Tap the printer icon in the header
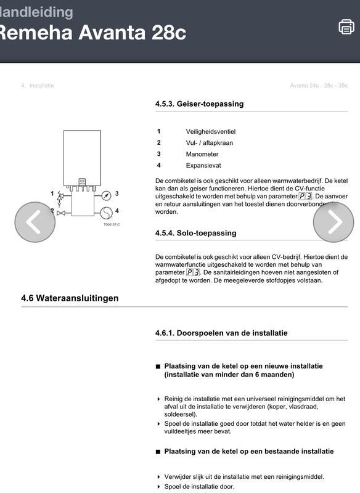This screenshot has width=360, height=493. [x=346, y=27]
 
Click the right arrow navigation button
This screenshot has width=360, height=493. [x=333, y=222]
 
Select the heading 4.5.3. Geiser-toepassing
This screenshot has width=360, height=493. [x=199, y=104]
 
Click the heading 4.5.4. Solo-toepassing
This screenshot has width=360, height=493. [x=195, y=234]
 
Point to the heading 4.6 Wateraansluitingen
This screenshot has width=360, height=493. [x=70, y=298]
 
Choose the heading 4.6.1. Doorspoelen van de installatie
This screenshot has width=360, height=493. [x=221, y=333]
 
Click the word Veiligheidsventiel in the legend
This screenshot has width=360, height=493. [x=211, y=131]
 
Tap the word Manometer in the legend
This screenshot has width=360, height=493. [x=202, y=154]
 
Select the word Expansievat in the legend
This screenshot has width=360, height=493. [x=203, y=166]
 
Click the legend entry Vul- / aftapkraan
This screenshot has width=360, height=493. [x=210, y=143]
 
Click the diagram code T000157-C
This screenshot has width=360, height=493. [x=112, y=224]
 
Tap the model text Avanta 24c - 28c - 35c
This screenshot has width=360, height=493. [x=318, y=85]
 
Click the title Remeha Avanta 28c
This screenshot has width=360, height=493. [x=92, y=32]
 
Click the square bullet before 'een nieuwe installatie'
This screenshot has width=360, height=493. [x=158, y=367]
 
